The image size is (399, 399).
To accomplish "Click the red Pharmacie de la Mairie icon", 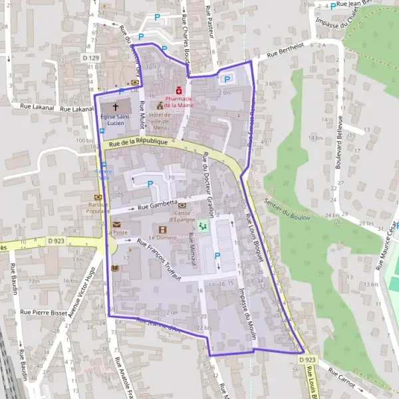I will (x=178, y=90).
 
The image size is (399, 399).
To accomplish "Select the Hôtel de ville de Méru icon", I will (x=160, y=106).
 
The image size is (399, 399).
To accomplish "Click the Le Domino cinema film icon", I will (x=160, y=229).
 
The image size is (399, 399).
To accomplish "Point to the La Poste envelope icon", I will (x=117, y=225).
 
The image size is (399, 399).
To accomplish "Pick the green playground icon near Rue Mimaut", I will (x=203, y=227).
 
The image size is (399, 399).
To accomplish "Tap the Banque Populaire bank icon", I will (x=100, y=198).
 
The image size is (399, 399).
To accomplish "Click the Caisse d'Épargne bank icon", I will (x=181, y=206).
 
